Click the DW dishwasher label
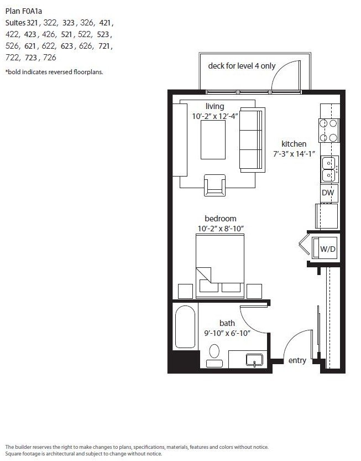[x=328, y=193]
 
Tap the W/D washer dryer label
[x=327, y=249]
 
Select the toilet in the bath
[x=214, y=355]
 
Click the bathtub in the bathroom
[x=185, y=327]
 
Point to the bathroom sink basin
[x=254, y=360]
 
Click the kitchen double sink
[x=329, y=169]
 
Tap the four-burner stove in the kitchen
[x=329, y=131]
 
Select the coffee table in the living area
[x=213, y=139]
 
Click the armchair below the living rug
[x=214, y=185]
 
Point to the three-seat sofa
[x=252, y=139]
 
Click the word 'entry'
[x=297, y=360]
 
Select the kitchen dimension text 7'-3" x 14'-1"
[x=294, y=154]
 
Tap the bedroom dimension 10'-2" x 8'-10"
[x=221, y=229]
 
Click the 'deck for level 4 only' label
[x=242, y=66]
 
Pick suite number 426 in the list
[x=49, y=34]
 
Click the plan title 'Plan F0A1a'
[x=24, y=11]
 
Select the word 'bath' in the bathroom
[x=227, y=323]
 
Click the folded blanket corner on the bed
[x=203, y=275]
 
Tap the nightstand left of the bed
[x=186, y=291]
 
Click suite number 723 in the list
[x=31, y=58]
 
